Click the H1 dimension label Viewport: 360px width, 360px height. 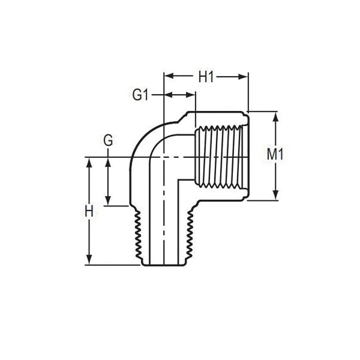(x=206, y=77)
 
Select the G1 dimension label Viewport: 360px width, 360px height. (x=140, y=95)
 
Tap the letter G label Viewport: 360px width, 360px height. (x=108, y=140)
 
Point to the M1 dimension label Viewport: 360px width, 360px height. (x=275, y=154)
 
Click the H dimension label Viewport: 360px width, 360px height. (x=89, y=211)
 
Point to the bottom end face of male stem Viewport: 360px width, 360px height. (x=164, y=265)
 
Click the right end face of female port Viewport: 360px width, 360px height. (x=248, y=156)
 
